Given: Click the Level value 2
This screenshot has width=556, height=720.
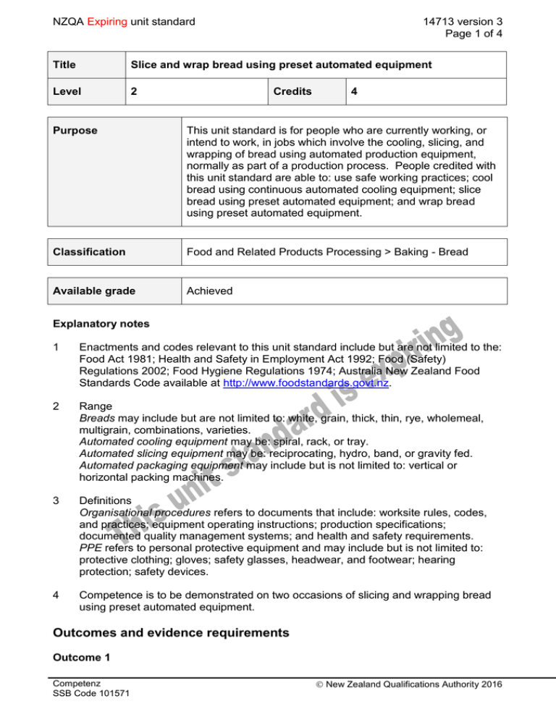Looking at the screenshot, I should (134, 92).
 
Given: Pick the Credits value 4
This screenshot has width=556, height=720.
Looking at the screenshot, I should (354, 92).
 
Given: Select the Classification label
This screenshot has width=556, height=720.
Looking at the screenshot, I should (89, 253).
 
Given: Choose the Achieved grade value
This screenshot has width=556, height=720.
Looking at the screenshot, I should (209, 290).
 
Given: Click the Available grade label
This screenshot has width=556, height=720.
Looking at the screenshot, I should (94, 290).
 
